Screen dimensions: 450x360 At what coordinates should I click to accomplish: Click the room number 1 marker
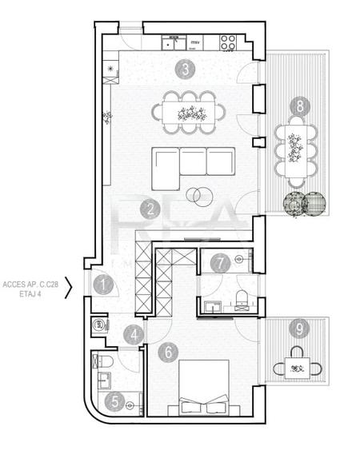(102, 282)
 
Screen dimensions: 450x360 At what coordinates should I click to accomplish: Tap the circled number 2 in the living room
(149, 209)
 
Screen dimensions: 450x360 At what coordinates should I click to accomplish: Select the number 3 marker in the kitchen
(185, 69)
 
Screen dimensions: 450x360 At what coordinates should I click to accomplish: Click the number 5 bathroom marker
(116, 402)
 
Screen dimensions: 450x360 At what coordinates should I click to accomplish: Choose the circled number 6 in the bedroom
(167, 350)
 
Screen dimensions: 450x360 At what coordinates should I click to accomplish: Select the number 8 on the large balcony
(298, 106)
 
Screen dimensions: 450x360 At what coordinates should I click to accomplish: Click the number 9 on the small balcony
(298, 328)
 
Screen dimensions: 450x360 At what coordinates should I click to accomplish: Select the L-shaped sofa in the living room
(192, 164)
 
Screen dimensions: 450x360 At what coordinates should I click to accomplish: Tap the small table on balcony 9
(298, 368)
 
